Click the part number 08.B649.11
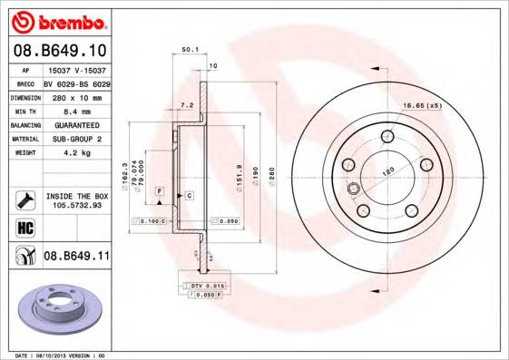pos(76,257)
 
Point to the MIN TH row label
pos(24,111)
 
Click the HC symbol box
pos(25,227)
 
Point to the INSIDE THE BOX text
pos(76,195)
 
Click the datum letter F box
pos(159,191)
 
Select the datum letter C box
pos(189,195)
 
